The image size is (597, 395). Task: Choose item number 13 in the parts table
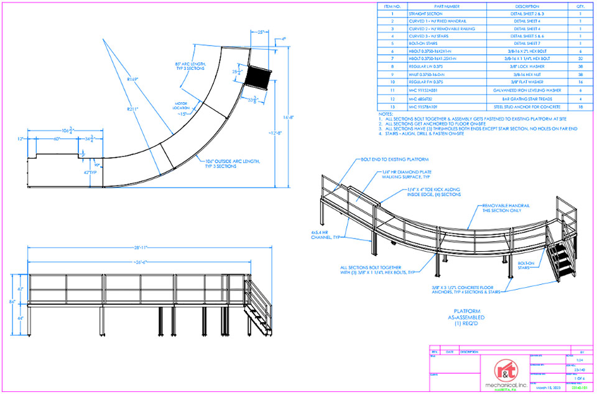392,107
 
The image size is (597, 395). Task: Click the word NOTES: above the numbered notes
386,115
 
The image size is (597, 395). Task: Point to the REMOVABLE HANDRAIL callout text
504,208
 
